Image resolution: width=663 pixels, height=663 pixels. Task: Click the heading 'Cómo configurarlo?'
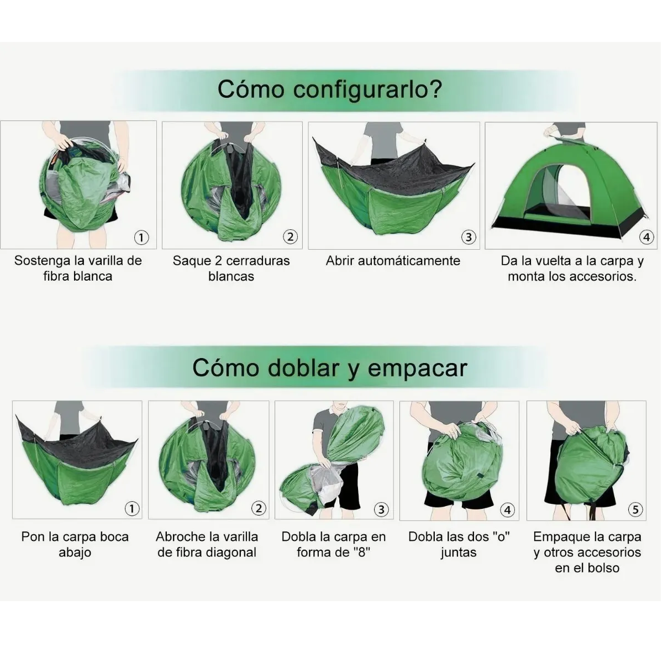pos(330,89)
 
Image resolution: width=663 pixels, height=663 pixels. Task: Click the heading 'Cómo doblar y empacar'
pos(330,368)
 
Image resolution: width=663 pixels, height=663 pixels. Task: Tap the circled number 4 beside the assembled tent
pos(646,238)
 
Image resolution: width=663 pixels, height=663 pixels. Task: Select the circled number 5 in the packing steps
pos(635,509)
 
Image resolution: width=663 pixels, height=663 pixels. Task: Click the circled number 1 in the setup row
pos(141,238)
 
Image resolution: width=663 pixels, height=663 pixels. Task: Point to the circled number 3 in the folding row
pos(381,509)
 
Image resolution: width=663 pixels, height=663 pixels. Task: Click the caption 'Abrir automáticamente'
pos(393,261)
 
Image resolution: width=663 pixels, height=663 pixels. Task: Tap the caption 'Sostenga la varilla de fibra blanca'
pos(78,269)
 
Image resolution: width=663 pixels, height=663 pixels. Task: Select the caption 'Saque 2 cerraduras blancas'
pos(231,269)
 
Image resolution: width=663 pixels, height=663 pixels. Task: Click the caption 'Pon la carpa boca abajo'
pos(75,544)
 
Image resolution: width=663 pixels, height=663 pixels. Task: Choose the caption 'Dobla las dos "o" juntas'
pos(459,544)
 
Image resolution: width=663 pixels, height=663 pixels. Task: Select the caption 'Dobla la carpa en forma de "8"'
pos(333,544)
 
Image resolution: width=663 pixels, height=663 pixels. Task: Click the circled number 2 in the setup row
pos(290,238)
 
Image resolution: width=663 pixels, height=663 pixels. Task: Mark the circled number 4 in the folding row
pos(507,509)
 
